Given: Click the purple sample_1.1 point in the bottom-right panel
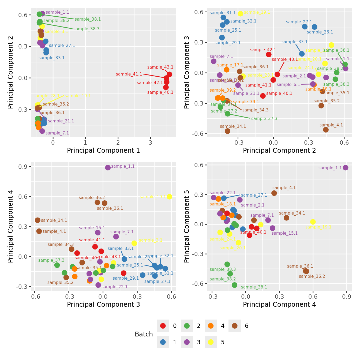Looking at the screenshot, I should (x=346, y=168).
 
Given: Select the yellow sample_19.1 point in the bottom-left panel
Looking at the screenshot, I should (x=169, y=197).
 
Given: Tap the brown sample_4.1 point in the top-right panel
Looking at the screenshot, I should (x=326, y=130).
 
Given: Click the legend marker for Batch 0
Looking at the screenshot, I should (x=163, y=326).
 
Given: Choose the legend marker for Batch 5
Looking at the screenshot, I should (x=211, y=342).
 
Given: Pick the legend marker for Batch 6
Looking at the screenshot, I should (x=235, y=326).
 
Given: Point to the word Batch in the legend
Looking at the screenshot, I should (x=144, y=334).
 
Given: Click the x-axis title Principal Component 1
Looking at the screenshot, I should (x=103, y=151).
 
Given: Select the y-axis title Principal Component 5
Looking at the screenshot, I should (x=187, y=226).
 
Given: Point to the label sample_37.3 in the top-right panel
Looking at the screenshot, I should (x=264, y=119).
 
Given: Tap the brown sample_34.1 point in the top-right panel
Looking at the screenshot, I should (x=227, y=131).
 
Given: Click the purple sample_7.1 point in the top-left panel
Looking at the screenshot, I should (x=42, y=131).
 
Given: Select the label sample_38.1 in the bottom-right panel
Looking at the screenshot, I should (x=254, y=287).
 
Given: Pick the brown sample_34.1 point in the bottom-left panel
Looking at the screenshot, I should (x=37, y=220).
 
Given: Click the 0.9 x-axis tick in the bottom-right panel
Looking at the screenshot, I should (x=347, y=297).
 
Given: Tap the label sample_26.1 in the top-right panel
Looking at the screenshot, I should (x=320, y=32).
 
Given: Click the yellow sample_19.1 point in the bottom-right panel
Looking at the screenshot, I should (x=313, y=222).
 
